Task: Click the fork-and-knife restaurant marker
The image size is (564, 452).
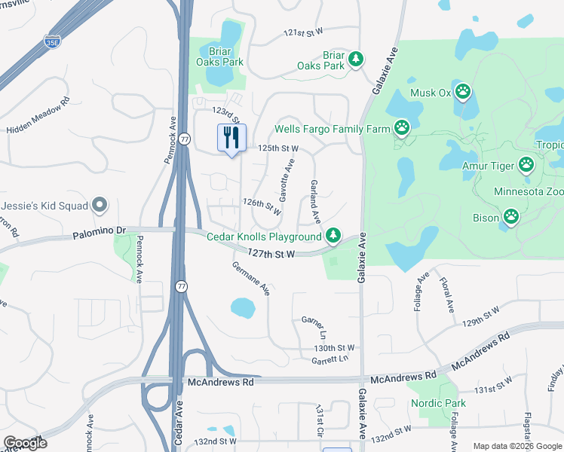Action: click(232, 137)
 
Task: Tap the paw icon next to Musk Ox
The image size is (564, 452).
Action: click(463, 93)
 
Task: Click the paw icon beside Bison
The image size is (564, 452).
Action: click(511, 218)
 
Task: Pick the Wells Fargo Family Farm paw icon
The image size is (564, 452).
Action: click(403, 128)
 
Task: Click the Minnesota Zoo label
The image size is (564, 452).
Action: click(529, 191)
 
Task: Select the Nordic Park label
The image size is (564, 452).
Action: click(438, 403)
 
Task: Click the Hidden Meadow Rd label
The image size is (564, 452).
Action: click(38, 115)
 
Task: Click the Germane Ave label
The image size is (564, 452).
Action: click(250, 278)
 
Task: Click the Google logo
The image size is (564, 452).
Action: click(25, 444)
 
